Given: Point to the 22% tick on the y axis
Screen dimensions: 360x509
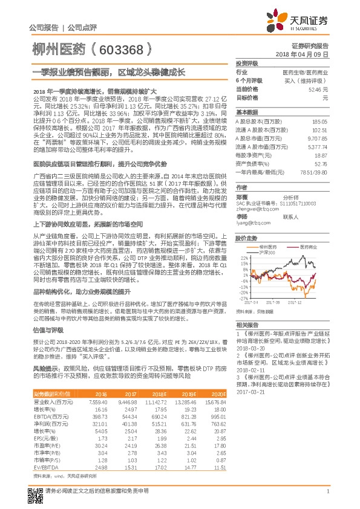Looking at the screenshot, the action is (244, 258).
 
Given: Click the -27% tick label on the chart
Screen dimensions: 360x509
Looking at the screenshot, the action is (243, 298).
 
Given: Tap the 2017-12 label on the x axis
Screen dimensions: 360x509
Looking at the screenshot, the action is (295, 302).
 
